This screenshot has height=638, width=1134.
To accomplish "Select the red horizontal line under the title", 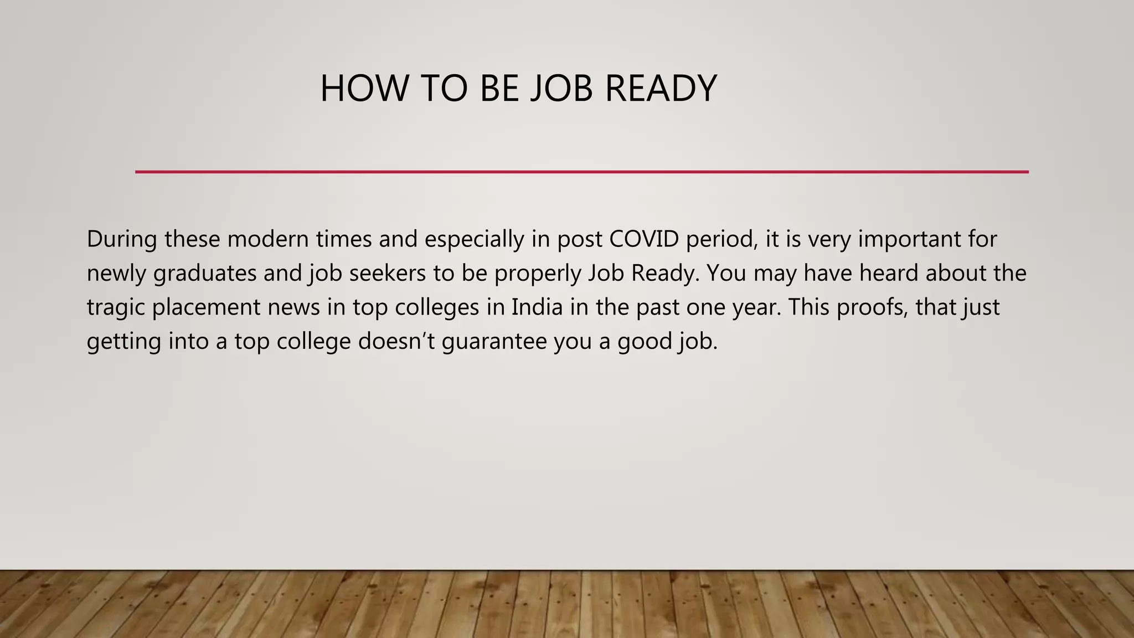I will (581, 172).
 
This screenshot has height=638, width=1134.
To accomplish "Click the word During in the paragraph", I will (122, 239).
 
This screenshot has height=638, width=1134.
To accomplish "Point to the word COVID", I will (644, 239).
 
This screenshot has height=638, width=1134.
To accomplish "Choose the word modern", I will (268, 239).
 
